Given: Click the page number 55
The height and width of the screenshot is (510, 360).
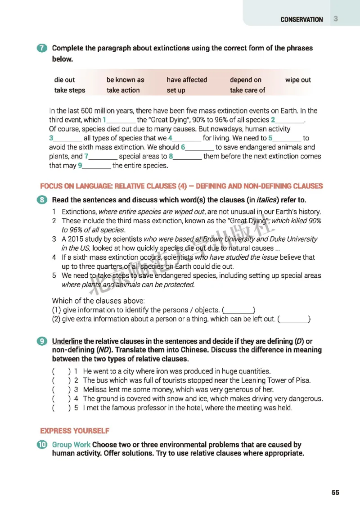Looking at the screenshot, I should [x=335, y=492].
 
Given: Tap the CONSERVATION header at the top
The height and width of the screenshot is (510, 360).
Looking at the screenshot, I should [x=301, y=20].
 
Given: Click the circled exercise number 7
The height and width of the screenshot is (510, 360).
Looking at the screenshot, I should [x=44, y=48].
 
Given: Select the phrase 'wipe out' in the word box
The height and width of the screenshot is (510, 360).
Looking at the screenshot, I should [x=298, y=80].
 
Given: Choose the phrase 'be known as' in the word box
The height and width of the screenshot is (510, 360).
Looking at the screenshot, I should [x=125, y=80].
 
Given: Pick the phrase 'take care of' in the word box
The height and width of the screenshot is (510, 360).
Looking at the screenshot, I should [x=247, y=90].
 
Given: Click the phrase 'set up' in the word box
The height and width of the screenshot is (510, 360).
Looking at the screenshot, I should [x=175, y=90].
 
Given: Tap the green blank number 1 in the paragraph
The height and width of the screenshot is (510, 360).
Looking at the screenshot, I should [x=104, y=120].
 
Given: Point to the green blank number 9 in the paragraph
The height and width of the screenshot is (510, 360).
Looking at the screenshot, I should [x=80, y=166].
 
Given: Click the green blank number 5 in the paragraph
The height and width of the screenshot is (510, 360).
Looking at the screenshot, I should [x=270, y=139].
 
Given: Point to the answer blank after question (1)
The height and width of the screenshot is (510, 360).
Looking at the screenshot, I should [x=238, y=310].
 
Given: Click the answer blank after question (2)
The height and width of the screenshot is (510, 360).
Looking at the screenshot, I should [x=294, y=320].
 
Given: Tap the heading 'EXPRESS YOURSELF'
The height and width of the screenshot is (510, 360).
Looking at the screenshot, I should [x=75, y=431].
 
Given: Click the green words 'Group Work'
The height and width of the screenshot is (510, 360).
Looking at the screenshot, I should [x=71, y=445].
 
